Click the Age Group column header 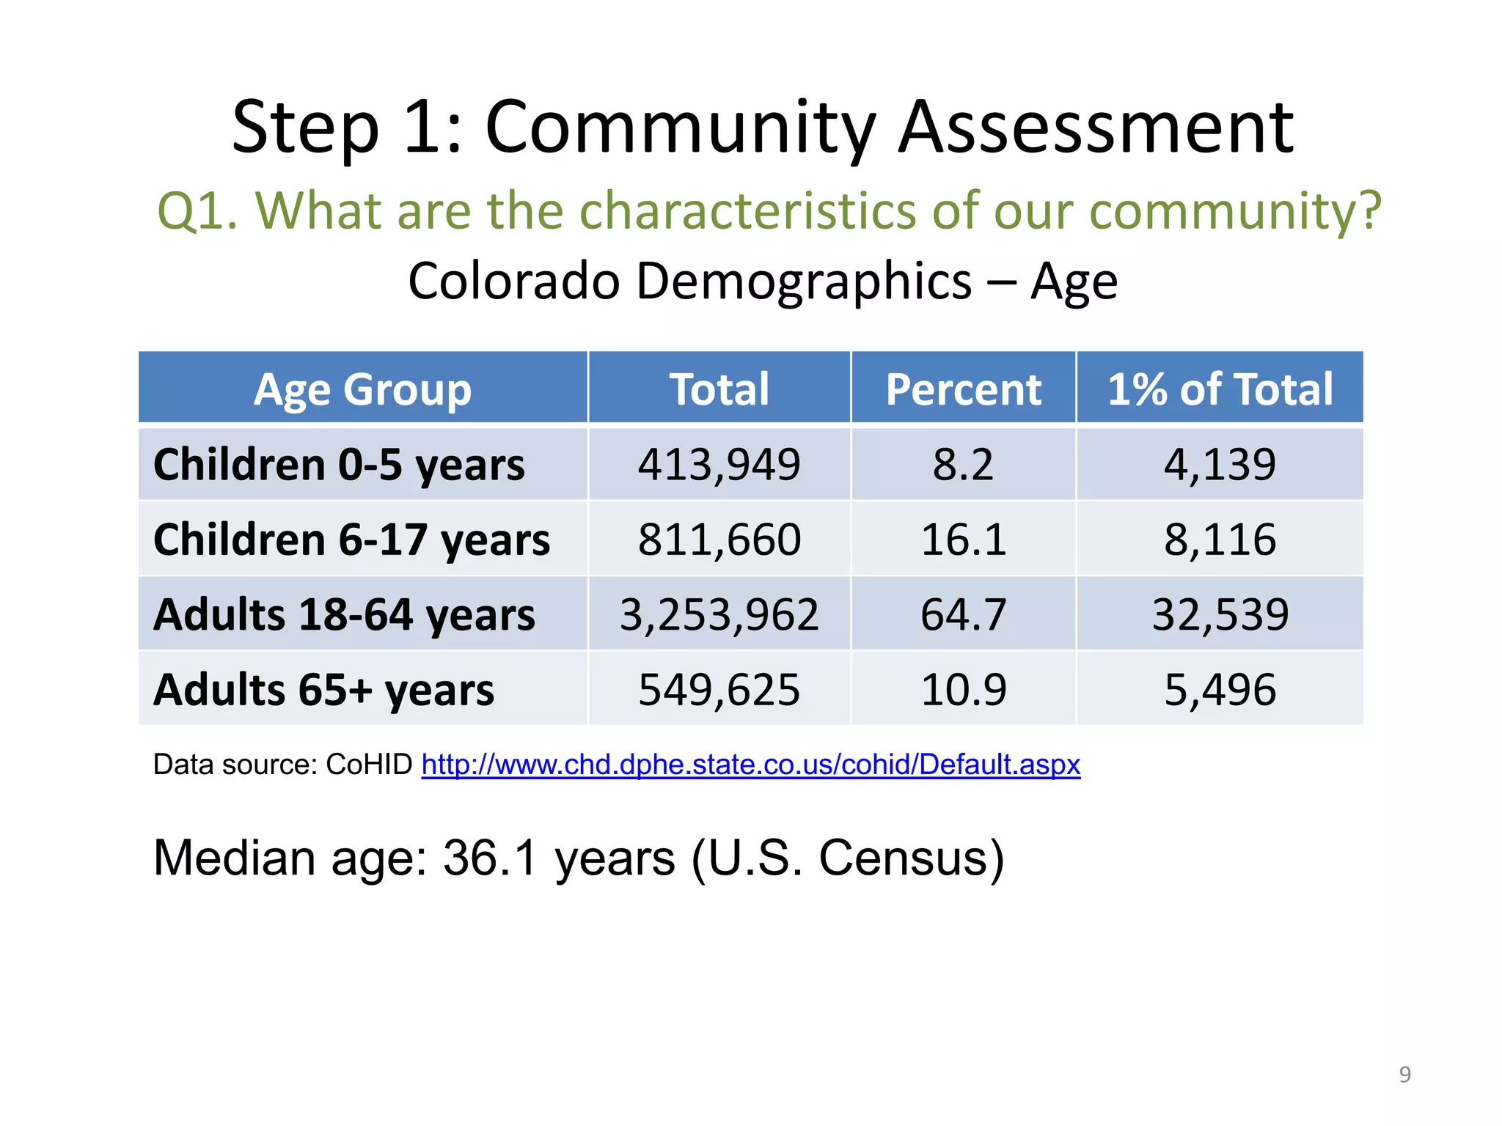[x=362, y=389]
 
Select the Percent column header [x=963, y=389]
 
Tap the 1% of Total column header [x=1220, y=389]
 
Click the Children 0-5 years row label [x=339, y=465]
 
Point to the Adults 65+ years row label [x=323, y=690]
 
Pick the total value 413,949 [x=719, y=465]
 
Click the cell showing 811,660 [x=719, y=540]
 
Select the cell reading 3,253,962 [x=719, y=614]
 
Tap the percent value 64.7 [x=963, y=614]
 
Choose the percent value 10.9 [x=963, y=690]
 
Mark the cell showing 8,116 [x=1220, y=540]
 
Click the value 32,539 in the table [x=1220, y=614]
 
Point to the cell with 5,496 [x=1220, y=690]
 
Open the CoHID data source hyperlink [x=750, y=765]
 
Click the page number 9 [x=1404, y=1075]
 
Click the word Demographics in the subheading [x=804, y=281]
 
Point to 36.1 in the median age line [x=491, y=858]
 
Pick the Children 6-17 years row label [x=351, y=540]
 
